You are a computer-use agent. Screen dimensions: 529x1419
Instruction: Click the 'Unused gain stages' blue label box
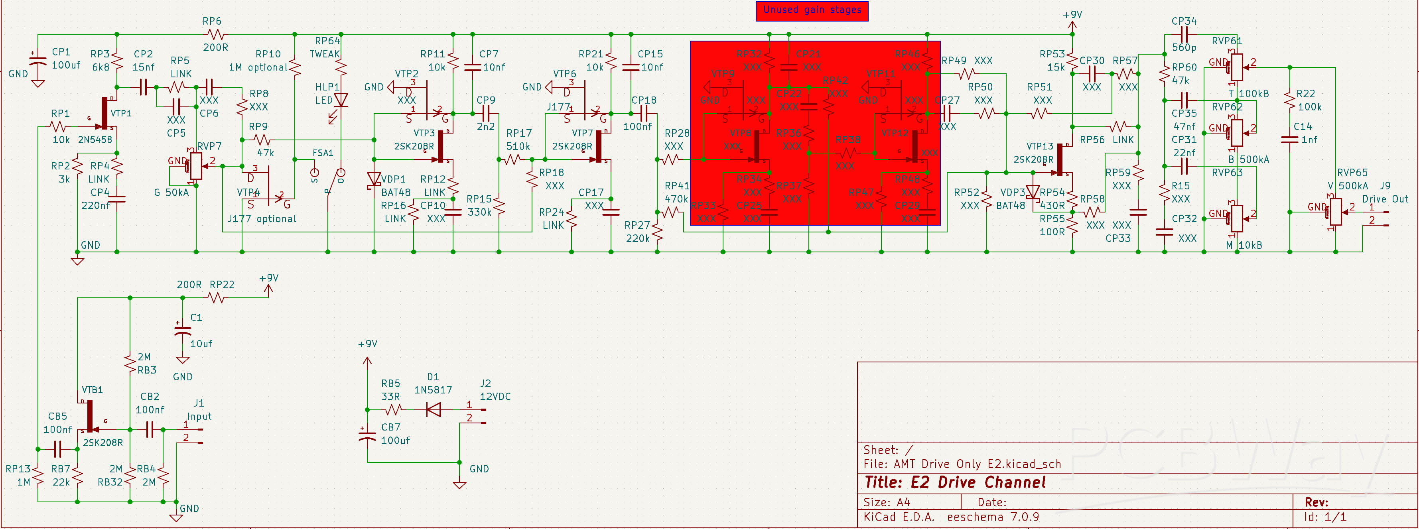tap(812, 10)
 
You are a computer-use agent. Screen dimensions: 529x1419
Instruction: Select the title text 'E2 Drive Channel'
tap(978, 483)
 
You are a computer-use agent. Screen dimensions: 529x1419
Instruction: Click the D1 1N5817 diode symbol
tap(434, 409)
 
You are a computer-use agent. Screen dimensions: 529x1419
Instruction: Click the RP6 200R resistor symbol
tap(216, 35)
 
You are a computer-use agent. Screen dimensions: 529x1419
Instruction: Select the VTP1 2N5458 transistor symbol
tap(104, 113)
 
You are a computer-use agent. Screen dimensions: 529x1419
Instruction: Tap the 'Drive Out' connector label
tap(1384, 199)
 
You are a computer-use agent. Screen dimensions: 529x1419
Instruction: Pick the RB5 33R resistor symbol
tap(393, 409)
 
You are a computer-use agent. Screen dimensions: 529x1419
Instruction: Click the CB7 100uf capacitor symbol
tap(367, 435)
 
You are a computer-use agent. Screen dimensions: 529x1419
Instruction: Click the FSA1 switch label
tap(323, 152)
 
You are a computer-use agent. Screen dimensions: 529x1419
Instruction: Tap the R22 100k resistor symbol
tap(1289, 100)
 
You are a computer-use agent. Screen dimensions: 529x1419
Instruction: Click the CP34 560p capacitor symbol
tap(1184, 35)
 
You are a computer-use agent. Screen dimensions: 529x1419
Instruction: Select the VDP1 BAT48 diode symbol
tap(374, 179)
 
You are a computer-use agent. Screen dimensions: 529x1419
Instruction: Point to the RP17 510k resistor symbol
tap(512, 159)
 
